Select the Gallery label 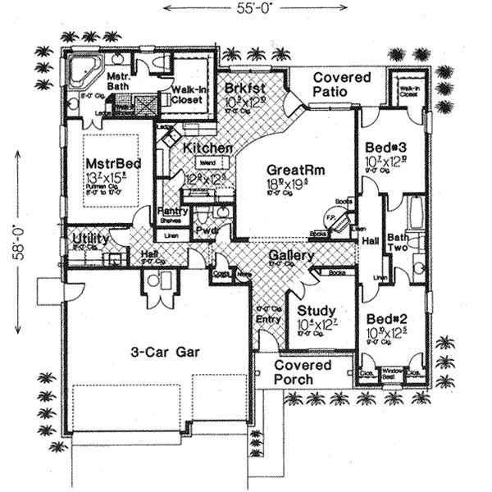click(x=291, y=257)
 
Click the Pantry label click(x=171, y=212)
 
